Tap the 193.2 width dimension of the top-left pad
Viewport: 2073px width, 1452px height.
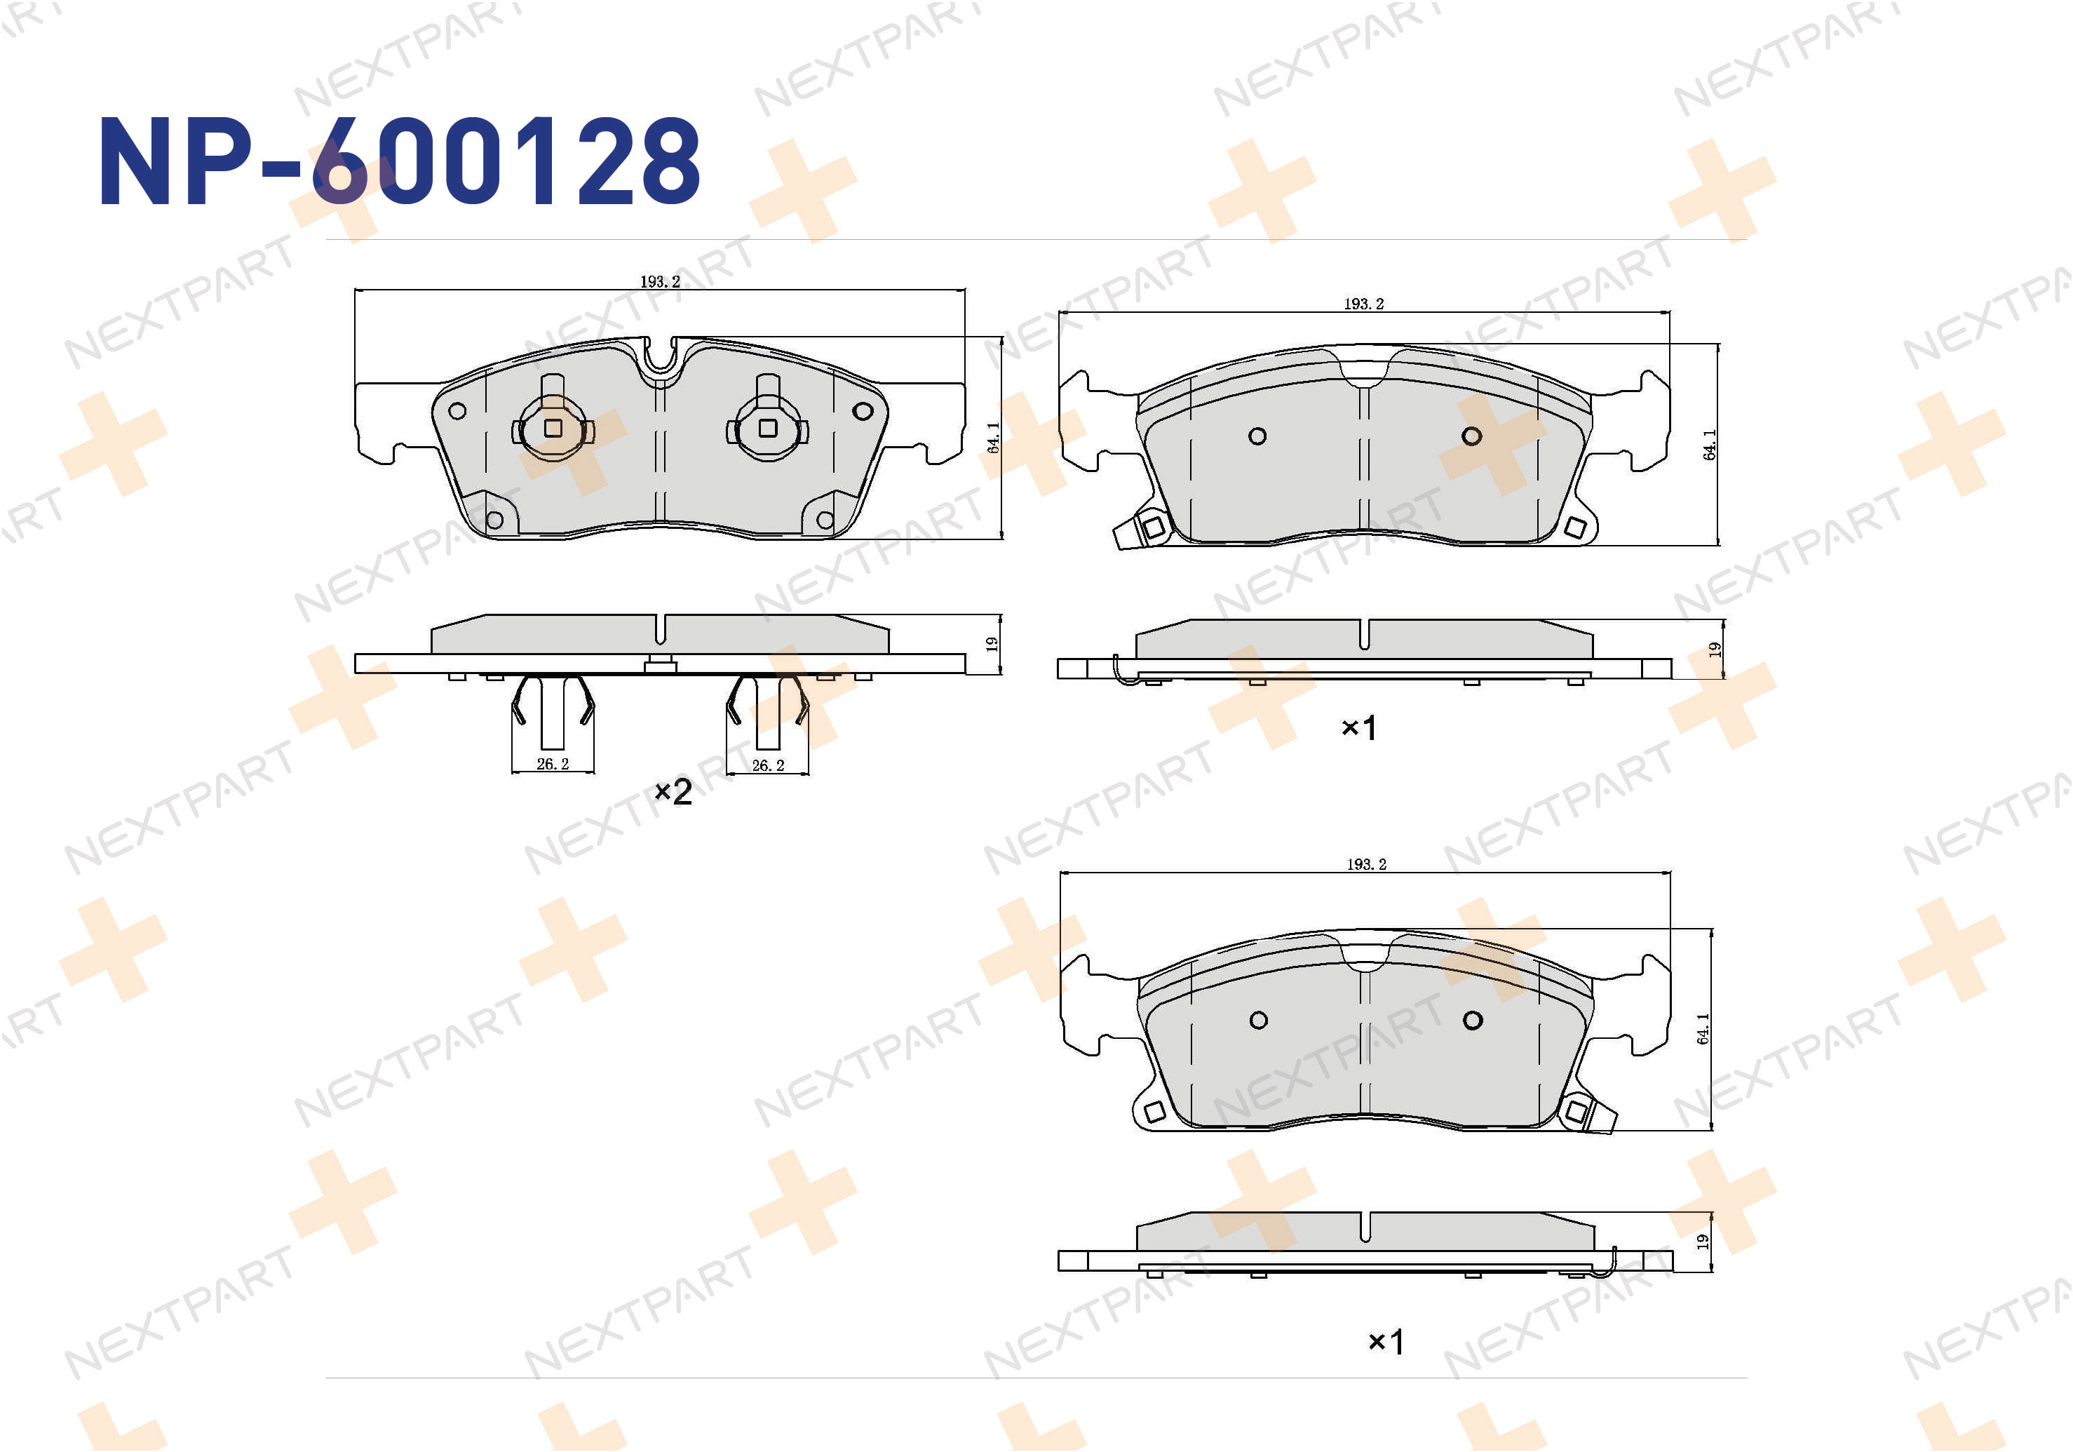point(660,282)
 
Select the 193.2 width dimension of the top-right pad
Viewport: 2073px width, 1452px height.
point(1363,304)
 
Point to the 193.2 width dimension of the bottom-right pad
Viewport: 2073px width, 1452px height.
point(1366,864)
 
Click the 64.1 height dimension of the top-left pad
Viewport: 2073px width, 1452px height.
point(993,438)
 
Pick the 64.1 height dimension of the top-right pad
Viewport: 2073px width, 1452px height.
point(1709,444)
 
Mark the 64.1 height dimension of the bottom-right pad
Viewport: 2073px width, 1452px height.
point(1703,1028)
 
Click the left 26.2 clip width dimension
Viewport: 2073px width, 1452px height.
point(553,764)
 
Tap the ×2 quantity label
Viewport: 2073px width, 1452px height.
point(673,792)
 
